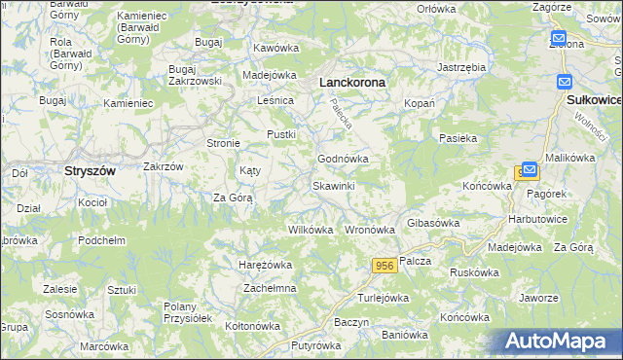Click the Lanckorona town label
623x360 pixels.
point(352,84)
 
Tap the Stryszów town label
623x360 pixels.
point(90,170)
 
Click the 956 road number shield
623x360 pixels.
point(383,265)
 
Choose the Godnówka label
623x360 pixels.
point(342,159)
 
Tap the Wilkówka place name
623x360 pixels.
point(311,231)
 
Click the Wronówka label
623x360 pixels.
point(370,231)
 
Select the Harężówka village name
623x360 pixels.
point(266,265)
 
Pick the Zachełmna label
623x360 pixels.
point(270,289)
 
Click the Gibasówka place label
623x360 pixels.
point(432,223)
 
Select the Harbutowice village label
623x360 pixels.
point(538,219)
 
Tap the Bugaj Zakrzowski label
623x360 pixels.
point(197,76)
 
